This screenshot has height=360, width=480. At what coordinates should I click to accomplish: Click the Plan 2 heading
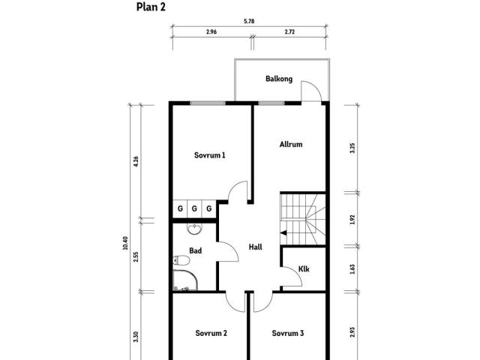(151, 7)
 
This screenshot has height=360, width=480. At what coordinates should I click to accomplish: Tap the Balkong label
(279, 79)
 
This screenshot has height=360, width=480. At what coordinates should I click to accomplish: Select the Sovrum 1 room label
(210, 155)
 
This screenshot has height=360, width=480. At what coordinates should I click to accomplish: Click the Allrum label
(291, 144)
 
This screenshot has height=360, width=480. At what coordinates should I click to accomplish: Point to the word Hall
(255, 247)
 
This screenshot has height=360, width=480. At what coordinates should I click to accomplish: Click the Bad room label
(195, 250)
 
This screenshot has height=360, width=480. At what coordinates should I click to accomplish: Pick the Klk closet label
(304, 269)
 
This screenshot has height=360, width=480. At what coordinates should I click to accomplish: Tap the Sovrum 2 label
(211, 333)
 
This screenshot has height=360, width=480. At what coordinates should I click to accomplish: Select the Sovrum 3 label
(288, 333)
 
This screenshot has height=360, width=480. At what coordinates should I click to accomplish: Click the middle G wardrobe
(194, 208)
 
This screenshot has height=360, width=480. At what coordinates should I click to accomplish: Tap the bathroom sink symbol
(194, 229)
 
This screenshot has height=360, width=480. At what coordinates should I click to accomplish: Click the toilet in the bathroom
(181, 260)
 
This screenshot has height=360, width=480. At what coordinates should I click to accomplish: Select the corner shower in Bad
(185, 280)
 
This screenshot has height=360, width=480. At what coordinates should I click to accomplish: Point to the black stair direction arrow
(283, 233)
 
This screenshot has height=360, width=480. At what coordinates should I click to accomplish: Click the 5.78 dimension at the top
(249, 22)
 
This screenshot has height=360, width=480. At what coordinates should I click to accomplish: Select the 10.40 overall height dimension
(125, 243)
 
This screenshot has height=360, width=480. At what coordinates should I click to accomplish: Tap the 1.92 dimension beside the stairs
(352, 220)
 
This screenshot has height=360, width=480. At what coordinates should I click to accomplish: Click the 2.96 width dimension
(211, 31)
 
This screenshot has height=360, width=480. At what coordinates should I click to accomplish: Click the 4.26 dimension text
(136, 161)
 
